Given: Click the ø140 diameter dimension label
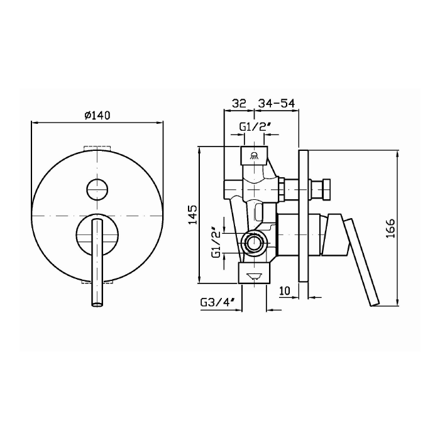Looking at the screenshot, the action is pyautogui.click(x=97, y=115).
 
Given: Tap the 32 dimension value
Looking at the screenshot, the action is pyautogui.click(x=238, y=103).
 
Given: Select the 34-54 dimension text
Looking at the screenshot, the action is pyautogui.click(x=276, y=103).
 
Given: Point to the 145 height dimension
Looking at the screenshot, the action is pyautogui.click(x=193, y=215).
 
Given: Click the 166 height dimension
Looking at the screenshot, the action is pyautogui.click(x=390, y=229).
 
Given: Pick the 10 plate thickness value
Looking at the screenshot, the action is pyautogui.click(x=285, y=290).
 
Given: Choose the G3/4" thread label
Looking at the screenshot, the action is pyautogui.click(x=217, y=302).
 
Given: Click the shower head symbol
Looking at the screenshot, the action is pyautogui.click(x=254, y=155).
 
